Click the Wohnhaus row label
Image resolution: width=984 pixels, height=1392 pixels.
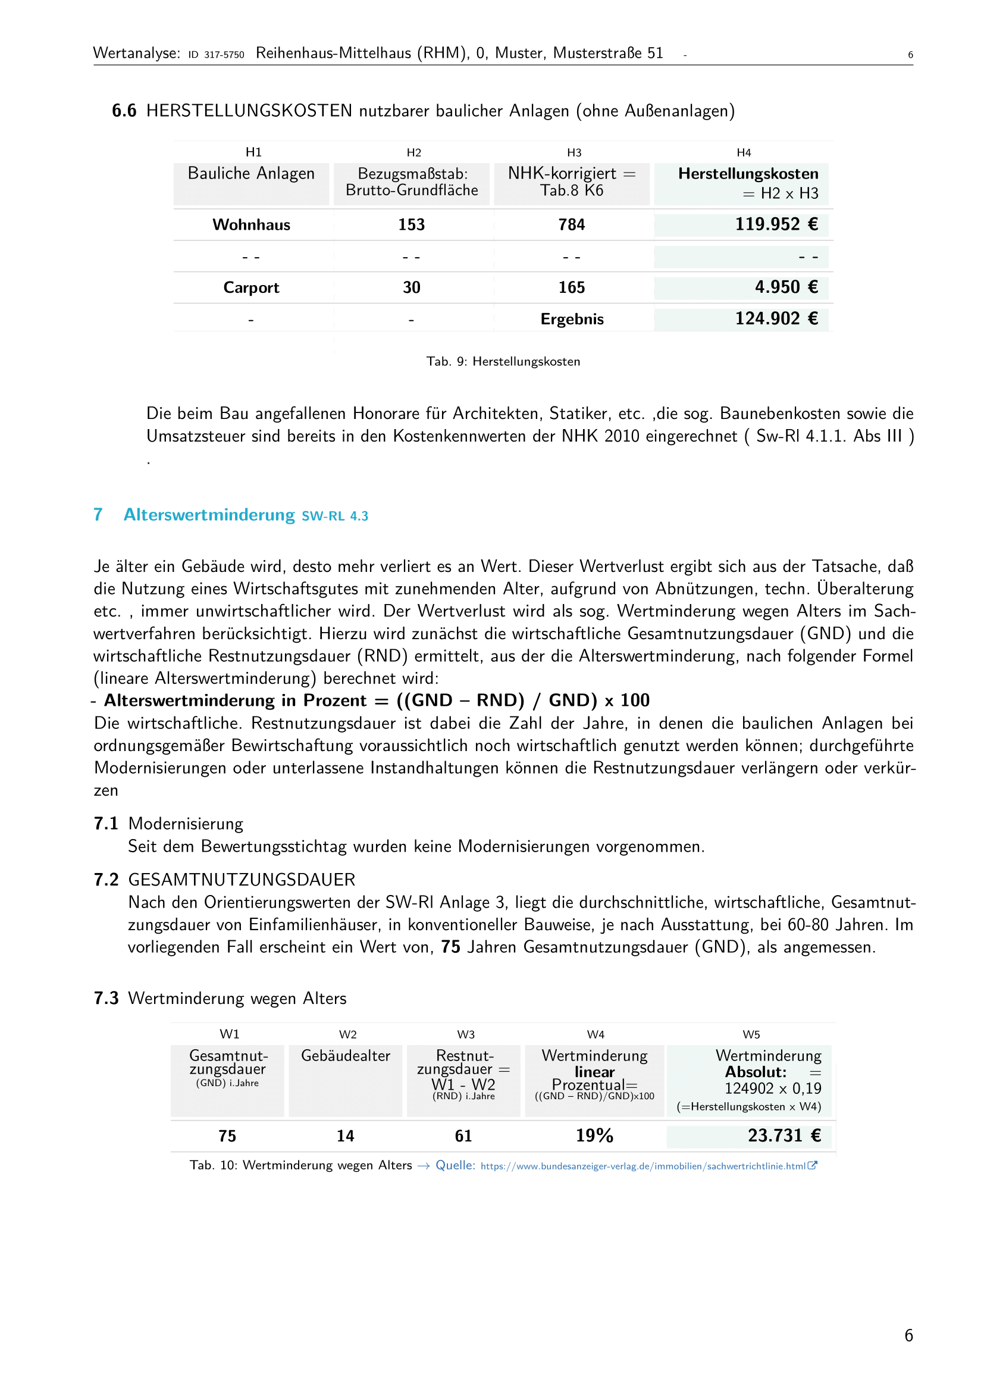251,225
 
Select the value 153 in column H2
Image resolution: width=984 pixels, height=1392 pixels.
411,225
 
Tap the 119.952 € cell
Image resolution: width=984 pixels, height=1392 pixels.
776,224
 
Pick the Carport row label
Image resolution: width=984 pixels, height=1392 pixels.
251,287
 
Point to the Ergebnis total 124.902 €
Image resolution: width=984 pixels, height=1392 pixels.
776,318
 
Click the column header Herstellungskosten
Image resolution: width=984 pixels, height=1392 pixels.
748,174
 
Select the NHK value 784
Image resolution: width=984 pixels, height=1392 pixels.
571,225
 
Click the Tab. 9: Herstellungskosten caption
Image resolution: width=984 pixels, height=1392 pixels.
503,361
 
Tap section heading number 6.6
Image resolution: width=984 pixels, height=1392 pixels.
124,111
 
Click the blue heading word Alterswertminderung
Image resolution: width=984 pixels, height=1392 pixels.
209,515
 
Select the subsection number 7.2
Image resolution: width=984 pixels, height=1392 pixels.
106,880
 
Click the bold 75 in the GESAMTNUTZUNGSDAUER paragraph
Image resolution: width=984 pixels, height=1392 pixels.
450,947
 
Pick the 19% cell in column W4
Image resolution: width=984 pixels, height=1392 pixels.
594,1136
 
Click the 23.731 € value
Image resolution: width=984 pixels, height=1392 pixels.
784,1136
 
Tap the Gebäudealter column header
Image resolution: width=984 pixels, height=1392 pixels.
346,1056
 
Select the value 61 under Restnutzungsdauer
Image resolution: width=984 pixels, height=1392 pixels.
463,1136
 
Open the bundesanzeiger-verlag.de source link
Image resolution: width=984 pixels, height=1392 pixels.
643,1166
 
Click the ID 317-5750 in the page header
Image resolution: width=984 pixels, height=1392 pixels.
217,55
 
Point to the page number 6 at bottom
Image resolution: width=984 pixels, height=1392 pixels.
908,1335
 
